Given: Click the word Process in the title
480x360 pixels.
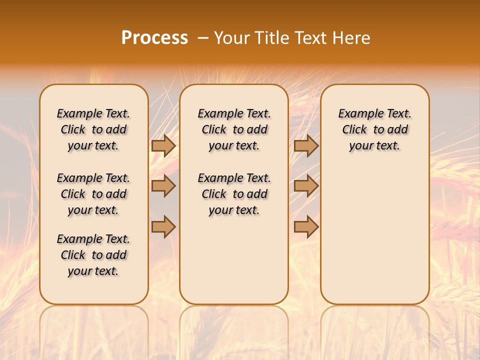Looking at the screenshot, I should coord(154,38).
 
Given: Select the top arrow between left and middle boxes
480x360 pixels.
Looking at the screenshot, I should coord(163,145).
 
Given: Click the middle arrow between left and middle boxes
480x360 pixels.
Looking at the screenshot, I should coord(163,186).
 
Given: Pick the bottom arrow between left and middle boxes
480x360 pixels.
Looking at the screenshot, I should coord(163,226).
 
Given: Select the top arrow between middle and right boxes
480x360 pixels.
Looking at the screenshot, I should coord(306,145).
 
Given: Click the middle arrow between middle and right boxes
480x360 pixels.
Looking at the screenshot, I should coord(306,186).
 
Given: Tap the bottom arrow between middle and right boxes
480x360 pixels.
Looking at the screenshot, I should coord(306,226).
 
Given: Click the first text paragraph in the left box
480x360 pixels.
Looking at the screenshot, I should coord(93,129).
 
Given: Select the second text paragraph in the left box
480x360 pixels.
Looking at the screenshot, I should coord(93,194).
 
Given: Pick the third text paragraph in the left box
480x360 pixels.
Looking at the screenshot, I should coord(93,255).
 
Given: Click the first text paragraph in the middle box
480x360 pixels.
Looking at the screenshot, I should coord(234,129).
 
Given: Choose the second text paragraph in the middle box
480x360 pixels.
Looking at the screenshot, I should coord(234,194).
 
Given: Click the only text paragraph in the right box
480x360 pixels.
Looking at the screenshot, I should coord(375,129).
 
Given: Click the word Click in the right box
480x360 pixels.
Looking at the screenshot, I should coord(354,130).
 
